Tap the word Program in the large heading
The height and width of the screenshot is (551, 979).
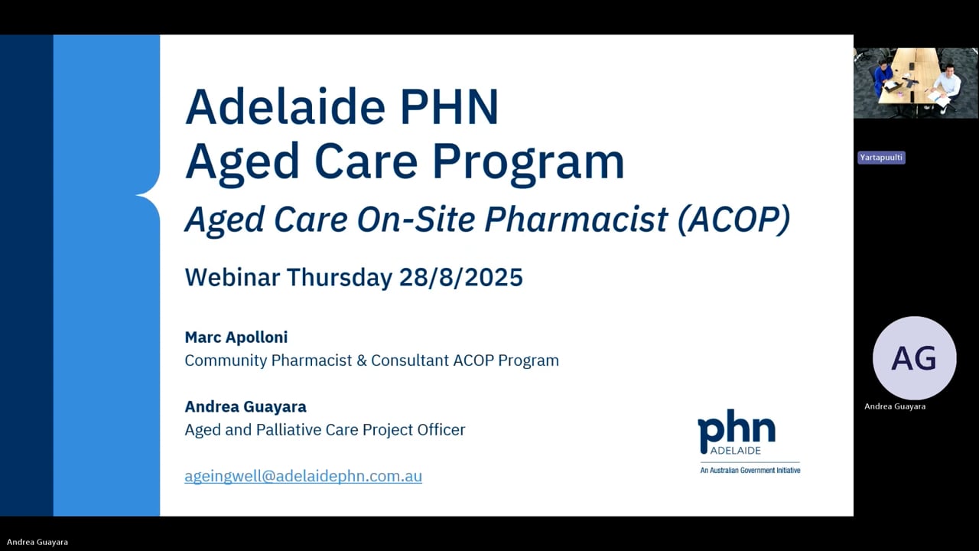tap(528, 161)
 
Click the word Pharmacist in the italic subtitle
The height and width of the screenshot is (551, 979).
tap(576, 220)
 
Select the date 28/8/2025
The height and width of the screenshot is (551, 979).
tap(460, 277)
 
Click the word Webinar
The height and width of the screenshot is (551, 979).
tap(233, 277)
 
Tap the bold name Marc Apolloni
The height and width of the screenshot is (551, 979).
tap(236, 337)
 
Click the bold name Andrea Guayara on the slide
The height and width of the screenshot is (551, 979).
tap(245, 406)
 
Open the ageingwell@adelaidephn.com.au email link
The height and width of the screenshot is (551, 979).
tap(303, 476)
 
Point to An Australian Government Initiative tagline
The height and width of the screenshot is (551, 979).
tap(750, 470)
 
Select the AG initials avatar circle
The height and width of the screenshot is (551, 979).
tap(914, 358)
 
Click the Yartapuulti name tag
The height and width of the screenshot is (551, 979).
tap(881, 158)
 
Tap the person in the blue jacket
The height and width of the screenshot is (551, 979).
tap(883, 77)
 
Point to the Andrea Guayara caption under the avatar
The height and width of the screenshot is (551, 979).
tap(895, 406)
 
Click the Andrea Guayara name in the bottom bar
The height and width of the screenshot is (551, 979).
tap(37, 542)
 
